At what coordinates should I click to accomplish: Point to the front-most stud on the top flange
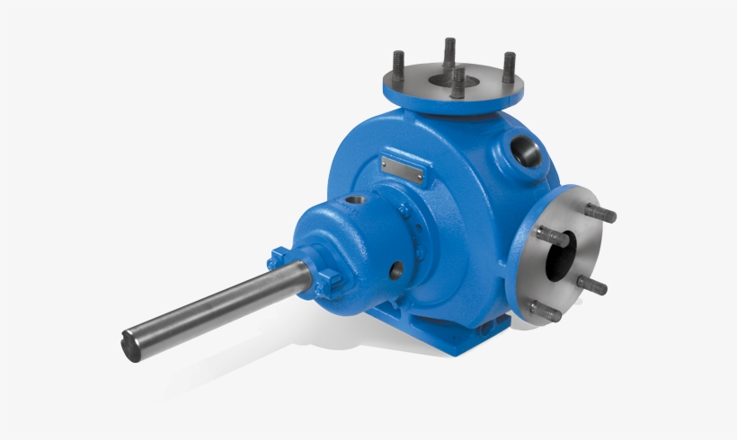458,83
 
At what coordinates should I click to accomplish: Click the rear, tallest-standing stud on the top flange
449,50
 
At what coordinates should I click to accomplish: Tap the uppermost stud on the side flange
599,214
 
